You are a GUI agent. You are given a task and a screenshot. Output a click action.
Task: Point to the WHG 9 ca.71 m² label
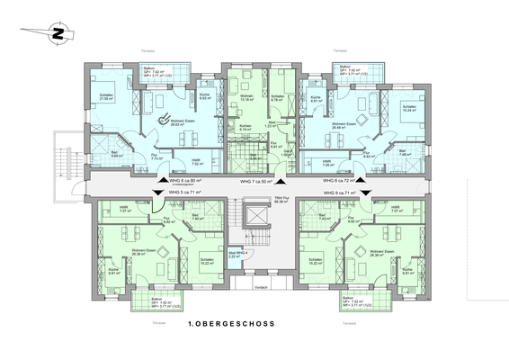(x=342, y=192)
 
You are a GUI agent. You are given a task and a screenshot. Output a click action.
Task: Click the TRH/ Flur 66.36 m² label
(x=280, y=201)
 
